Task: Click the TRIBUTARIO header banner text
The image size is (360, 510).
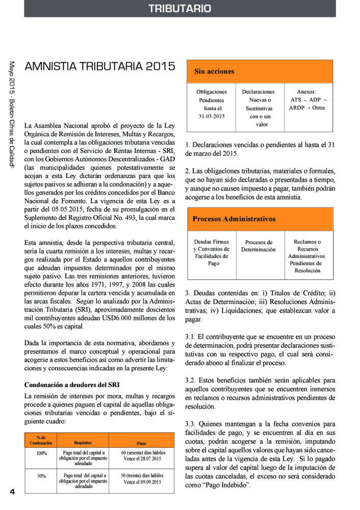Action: [179, 9]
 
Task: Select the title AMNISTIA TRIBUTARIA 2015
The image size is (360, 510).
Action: [100, 67]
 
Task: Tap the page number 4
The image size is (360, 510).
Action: [12, 491]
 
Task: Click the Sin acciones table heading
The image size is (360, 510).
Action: [214, 71]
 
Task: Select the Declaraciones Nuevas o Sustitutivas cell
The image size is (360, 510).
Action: [258, 108]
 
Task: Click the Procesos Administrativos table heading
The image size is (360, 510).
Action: [234, 219]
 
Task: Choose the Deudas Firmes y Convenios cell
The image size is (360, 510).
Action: [211, 252]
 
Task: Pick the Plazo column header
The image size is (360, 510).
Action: [141, 443]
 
